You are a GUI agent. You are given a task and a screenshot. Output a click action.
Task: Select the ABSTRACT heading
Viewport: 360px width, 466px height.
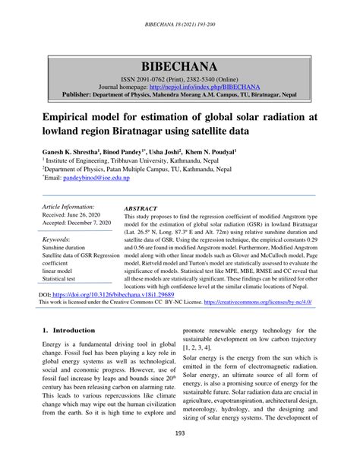tap(141, 208)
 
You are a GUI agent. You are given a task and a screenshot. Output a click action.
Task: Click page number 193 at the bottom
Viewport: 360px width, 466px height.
tap(181, 455)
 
